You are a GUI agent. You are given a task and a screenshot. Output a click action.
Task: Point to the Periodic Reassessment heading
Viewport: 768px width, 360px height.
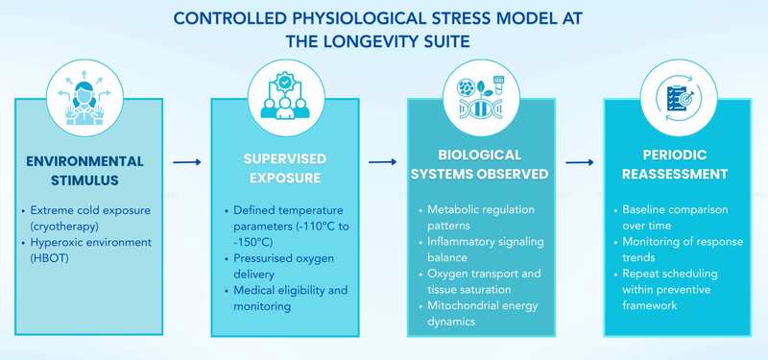coord(673,164)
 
